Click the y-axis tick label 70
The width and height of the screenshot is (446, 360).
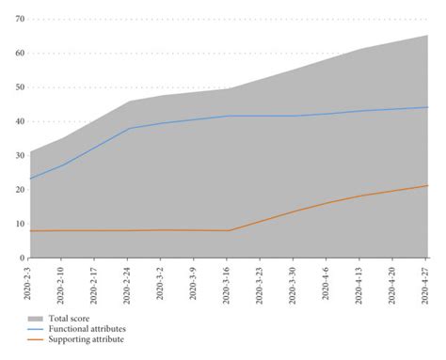click(20, 19)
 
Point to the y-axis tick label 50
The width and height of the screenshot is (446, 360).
click(20, 87)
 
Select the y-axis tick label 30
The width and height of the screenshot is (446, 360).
click(20, 155)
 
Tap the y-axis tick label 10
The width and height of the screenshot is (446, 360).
click(20, 224)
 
